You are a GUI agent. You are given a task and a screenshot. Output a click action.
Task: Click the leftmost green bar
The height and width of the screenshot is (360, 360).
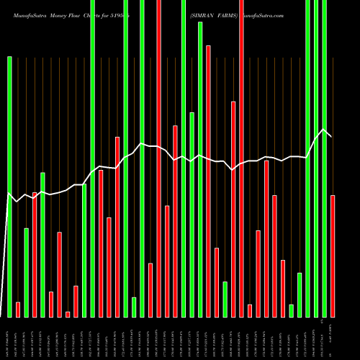pyautogui.click(x=10, y=186)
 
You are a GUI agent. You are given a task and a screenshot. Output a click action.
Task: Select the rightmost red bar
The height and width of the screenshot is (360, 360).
pyautogui.click(x=333, y=256)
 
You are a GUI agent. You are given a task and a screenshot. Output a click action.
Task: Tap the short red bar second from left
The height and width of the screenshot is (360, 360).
pyautogui.click(x=18, y=310)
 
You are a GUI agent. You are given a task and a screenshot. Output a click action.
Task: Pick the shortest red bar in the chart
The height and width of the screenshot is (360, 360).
pyautogui.click(x=68, y=314)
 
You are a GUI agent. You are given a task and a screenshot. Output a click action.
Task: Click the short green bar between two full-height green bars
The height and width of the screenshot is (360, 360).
pyautogui.click(x=134, y=307)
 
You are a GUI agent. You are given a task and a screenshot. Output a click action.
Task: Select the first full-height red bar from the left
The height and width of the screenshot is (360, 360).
pyautogui.click(x=159, y=158)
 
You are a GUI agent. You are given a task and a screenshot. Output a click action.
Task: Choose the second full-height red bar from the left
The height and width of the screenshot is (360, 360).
pyautogui.click(x=242, y=158)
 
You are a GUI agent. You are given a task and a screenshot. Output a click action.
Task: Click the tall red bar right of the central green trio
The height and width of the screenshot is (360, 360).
pyautogui.click(x=209, y=181)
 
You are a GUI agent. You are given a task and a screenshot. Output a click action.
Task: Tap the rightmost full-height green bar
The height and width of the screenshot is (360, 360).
pyautogui.click(x=325, y=158)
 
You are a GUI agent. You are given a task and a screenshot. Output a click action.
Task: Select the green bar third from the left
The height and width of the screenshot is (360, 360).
pyautogui.click(x=43, y=245)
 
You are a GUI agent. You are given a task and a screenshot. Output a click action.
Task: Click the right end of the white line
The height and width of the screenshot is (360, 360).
pyautogui.click(x=331, y=136)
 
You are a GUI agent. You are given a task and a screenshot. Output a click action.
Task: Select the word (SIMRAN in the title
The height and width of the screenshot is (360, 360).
pyautogui.click(x=204, y=14)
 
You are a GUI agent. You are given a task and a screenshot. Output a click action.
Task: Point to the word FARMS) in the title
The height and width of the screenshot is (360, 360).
pyautogui.click(x=229, y=14)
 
